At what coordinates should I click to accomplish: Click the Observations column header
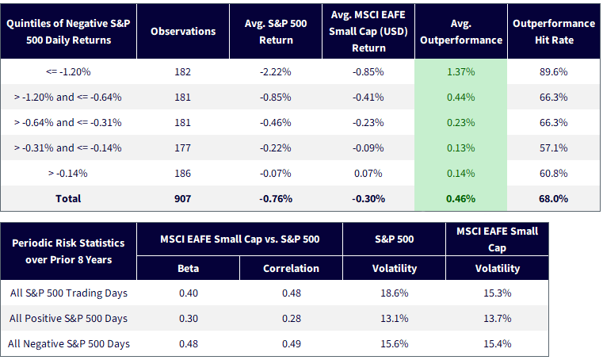(183, 32)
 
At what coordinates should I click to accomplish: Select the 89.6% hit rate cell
(553, 72)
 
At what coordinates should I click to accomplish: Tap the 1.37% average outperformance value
(460, 72)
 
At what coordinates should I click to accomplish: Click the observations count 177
(183, 147)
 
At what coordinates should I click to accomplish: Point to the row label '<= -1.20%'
(68, 72)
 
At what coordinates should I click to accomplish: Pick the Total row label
(68, 199)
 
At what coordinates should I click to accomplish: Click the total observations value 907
(183, 199)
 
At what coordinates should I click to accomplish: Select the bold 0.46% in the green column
(460, 199)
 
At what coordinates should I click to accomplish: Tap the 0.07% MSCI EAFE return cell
(368, 174)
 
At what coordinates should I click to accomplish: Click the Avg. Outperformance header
(461, 32)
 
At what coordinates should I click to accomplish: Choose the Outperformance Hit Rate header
(554, 32)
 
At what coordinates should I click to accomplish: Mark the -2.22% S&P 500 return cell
(275, 72)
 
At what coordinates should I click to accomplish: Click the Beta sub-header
(188, 268)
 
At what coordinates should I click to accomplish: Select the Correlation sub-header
(291, 268)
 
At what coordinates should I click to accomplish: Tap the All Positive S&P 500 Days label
(68, 319)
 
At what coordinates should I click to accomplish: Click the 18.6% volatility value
(394, 293)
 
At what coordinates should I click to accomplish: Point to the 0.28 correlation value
(291, 319)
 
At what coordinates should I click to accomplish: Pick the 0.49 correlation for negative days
(291, 344)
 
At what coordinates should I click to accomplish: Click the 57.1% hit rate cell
(553, 147)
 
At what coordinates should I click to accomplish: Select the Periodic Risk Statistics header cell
(68, 251)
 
